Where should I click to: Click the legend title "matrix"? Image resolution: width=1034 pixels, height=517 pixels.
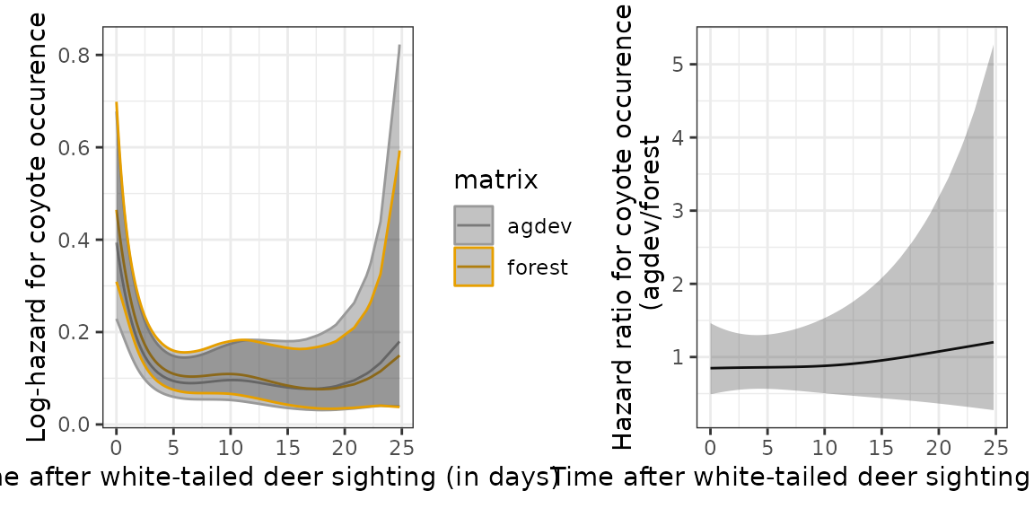coord(495,180)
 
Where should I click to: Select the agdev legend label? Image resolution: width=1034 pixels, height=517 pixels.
coord(538,226)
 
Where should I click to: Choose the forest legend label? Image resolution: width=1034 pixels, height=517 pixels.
coord(538,267)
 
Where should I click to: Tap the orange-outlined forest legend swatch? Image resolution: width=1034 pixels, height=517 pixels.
coord(473,267)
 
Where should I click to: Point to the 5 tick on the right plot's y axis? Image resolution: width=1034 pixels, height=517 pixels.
coord(678,65)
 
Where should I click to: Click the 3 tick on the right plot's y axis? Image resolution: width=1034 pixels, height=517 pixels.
coord(678,211)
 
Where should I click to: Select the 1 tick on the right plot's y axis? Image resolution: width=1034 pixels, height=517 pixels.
coord(678,357)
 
